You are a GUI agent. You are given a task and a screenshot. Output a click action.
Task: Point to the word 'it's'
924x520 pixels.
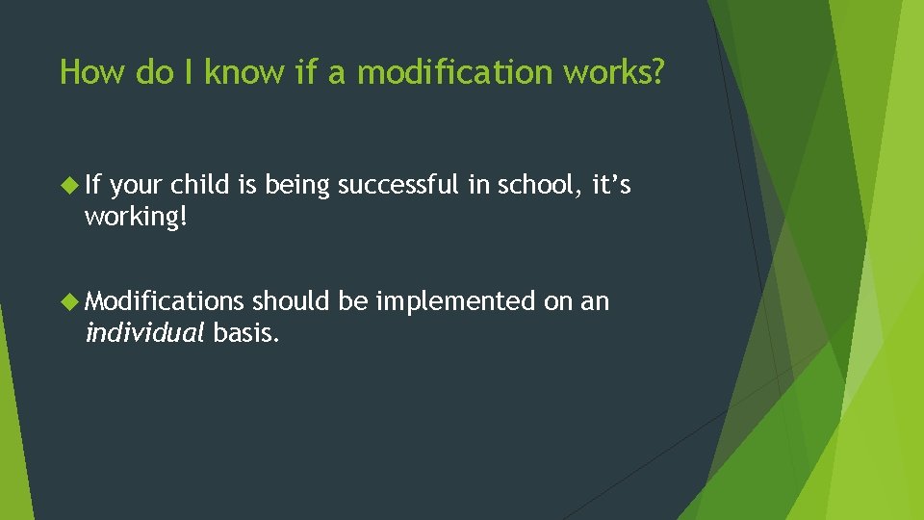(x=611, y=185)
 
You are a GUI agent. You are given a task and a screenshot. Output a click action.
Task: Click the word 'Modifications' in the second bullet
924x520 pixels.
(x=165, y=301)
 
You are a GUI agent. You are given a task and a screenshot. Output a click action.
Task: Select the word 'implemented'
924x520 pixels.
(x=453, y=301)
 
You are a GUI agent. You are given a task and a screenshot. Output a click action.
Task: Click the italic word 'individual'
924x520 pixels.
(x=144, y=333)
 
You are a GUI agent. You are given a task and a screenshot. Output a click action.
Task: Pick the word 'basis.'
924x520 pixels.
(x=246, y=333)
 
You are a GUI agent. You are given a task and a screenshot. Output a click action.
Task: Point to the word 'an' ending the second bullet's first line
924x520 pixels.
(x=594, y=302)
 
